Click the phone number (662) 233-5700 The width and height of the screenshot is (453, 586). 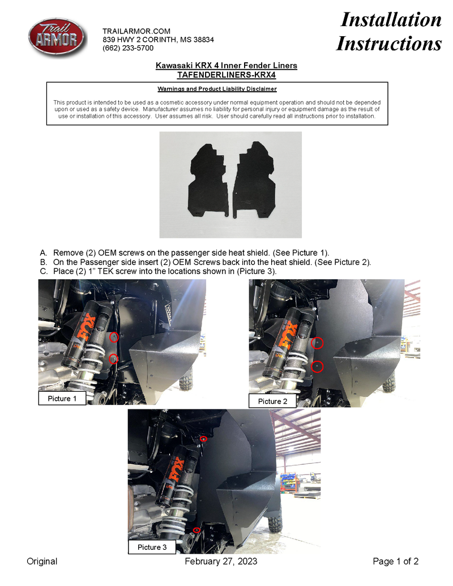tap(127, 49)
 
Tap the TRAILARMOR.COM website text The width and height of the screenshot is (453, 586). tap(136, 31)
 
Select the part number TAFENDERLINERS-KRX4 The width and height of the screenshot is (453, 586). tap(226, 74)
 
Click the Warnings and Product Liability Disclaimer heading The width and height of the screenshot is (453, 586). tap(217, 89)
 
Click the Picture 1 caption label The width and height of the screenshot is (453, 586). tap(62, 399)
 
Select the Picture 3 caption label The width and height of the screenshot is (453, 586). tap(152, 547)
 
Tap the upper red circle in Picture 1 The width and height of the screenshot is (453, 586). tap(114, 337)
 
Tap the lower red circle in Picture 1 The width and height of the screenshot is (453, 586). tap(113, 358)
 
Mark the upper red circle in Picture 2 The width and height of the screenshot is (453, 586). tap(318, 343)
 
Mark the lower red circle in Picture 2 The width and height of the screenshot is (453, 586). tap(318, 366)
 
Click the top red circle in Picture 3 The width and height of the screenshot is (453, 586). tap(204, 439)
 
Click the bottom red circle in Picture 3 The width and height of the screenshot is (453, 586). tap(196, 530)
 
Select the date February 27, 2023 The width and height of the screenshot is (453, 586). tap(221, 561)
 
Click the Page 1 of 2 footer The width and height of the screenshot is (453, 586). tap(395, 561)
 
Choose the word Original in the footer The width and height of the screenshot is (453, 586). tap(42, 561)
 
